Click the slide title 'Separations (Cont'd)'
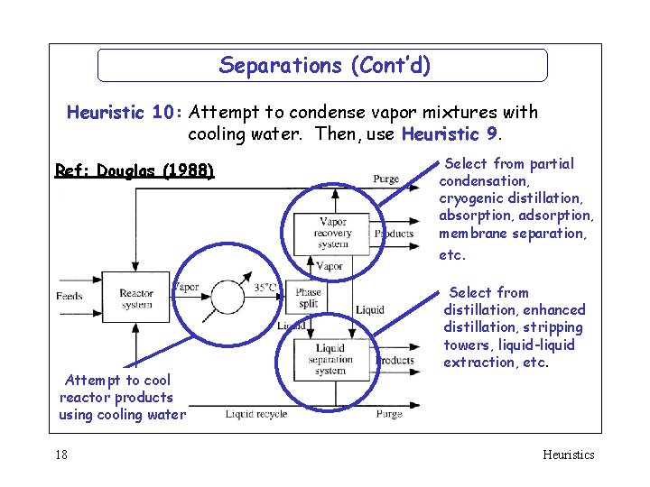tap(324, 65)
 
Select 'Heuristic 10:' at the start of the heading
tap(125, 113)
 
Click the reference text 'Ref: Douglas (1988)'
tap(135, 170)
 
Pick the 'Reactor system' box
tap(136, 299)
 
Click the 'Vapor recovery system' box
tap(332, 234)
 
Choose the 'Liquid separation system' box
tap(330, 359)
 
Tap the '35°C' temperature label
tap(265, 288)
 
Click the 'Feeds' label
tap(70, 296)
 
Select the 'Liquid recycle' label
tap(256, 414)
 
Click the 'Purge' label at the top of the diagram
tap(386, 179)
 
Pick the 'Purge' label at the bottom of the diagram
tap(389, 414)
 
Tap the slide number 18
tap(60, 455)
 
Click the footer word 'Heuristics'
tap(568, 455)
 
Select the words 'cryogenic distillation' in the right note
tap(510, 198)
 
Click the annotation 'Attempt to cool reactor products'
tap(116, 389)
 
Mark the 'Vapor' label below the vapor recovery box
tap(329, 266)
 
